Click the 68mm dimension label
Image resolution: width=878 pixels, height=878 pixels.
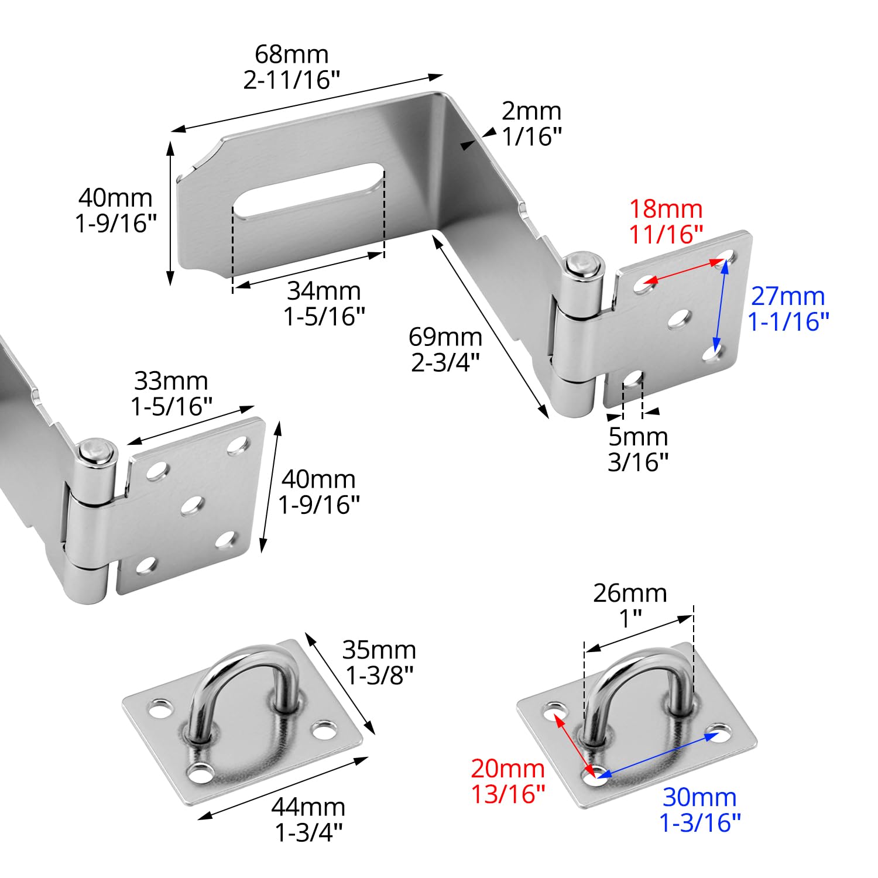tap(291, 54)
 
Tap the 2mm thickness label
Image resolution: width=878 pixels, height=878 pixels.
tap(531, 111)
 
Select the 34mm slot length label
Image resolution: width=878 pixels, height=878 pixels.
tap(324, 291)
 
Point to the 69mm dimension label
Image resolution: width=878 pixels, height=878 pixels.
tap(445, 337)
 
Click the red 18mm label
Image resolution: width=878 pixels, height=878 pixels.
tap(666, 209)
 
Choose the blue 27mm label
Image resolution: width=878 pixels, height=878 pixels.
tap(788, 296)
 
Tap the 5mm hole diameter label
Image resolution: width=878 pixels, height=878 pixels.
tap(638, 437)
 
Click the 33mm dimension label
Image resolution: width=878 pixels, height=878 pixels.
tap(171, 381)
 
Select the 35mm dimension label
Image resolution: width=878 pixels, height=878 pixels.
tap(379, 650)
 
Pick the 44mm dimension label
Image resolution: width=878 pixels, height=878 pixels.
tap(308, 807)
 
